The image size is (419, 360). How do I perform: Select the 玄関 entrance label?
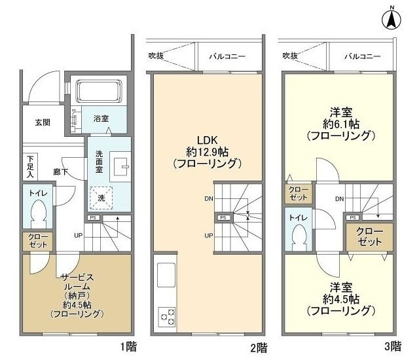[43, 122]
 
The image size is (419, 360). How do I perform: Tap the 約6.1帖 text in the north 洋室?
[340, 124]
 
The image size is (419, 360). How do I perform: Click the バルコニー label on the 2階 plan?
[227, 56]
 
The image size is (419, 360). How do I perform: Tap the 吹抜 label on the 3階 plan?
[289, 56]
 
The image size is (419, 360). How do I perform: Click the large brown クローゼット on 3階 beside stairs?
[371, 236]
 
